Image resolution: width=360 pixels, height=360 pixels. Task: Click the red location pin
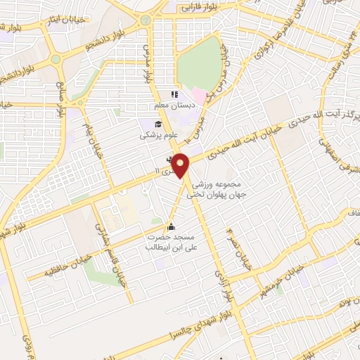[x=181, y=166]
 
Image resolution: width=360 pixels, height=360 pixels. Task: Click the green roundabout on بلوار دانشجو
[x=146, y=21]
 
